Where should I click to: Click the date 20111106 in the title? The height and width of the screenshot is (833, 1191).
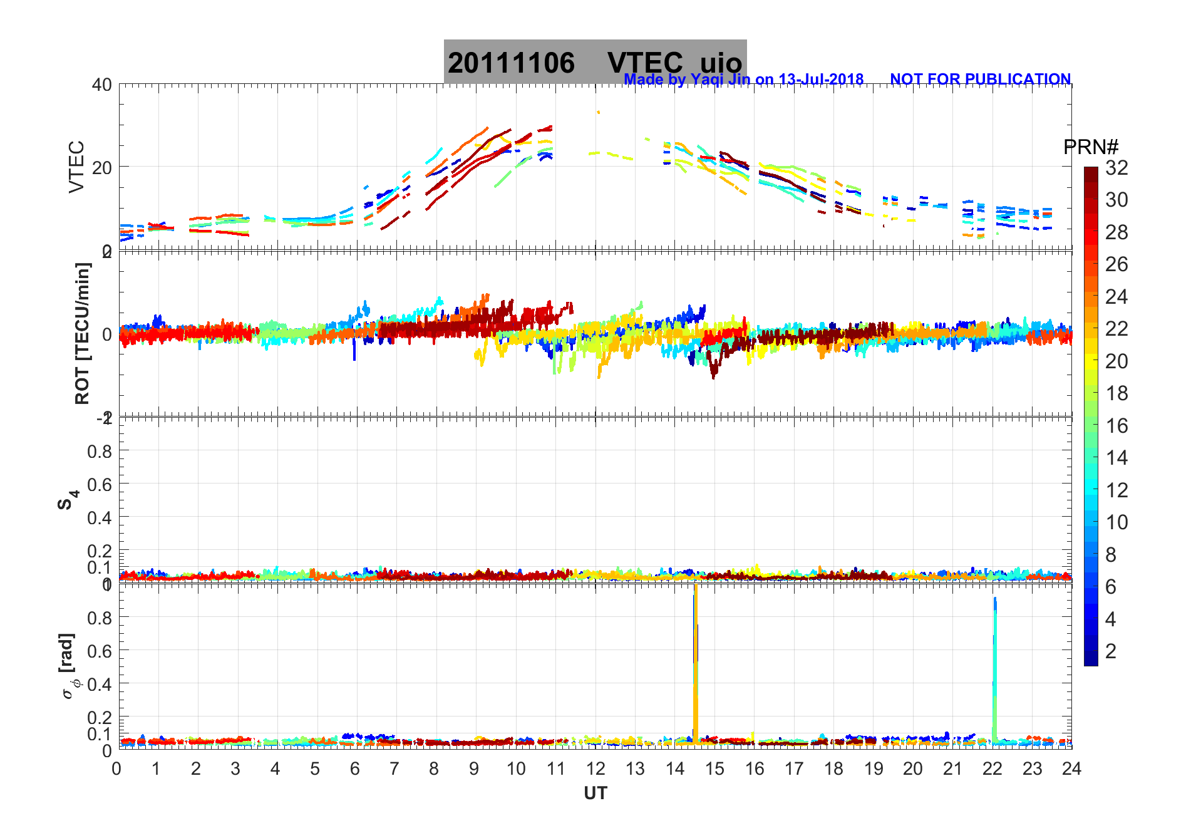pyautogui.click(x=511, y=63)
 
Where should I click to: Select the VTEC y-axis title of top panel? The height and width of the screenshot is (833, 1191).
pyautogui.click(x=76, y=167)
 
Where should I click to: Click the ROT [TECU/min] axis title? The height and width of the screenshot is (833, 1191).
pyautogui.click(x=82, y=333)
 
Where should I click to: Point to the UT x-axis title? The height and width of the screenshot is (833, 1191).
pyautogui.click(x=595, y=794)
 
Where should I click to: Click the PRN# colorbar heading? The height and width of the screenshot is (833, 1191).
pyautogui.click(x=1090, y=147)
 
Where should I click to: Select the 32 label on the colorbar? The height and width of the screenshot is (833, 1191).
pyautogui.click(x=1116, y=168)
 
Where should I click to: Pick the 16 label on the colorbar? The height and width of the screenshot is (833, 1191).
pyautogui.click(x=1116, y=426)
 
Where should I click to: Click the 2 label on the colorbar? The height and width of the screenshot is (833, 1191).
pyautogui.click(x=1111, y=651)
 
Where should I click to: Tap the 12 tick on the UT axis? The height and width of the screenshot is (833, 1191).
pyautogui.click(x=595, y=769)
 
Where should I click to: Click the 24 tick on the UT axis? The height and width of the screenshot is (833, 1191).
pyautogui.click(x=1071, y=769)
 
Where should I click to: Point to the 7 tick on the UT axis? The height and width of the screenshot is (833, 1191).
pyautogui.click(x=394, y=769)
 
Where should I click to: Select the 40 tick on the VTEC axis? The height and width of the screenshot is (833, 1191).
pyautogui.click(x=102, y=85)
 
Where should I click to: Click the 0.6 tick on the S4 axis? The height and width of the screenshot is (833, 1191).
pyautogui.click(x=100, y=484)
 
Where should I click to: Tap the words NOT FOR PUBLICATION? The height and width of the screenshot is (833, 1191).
pyautogui.click(x=980, y=80)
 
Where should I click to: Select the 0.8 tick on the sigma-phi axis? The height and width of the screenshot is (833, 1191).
pyautogui.click(x=100, y=618)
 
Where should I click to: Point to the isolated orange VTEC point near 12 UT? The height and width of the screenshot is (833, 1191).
pyautogui.click(x=599, y=112)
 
